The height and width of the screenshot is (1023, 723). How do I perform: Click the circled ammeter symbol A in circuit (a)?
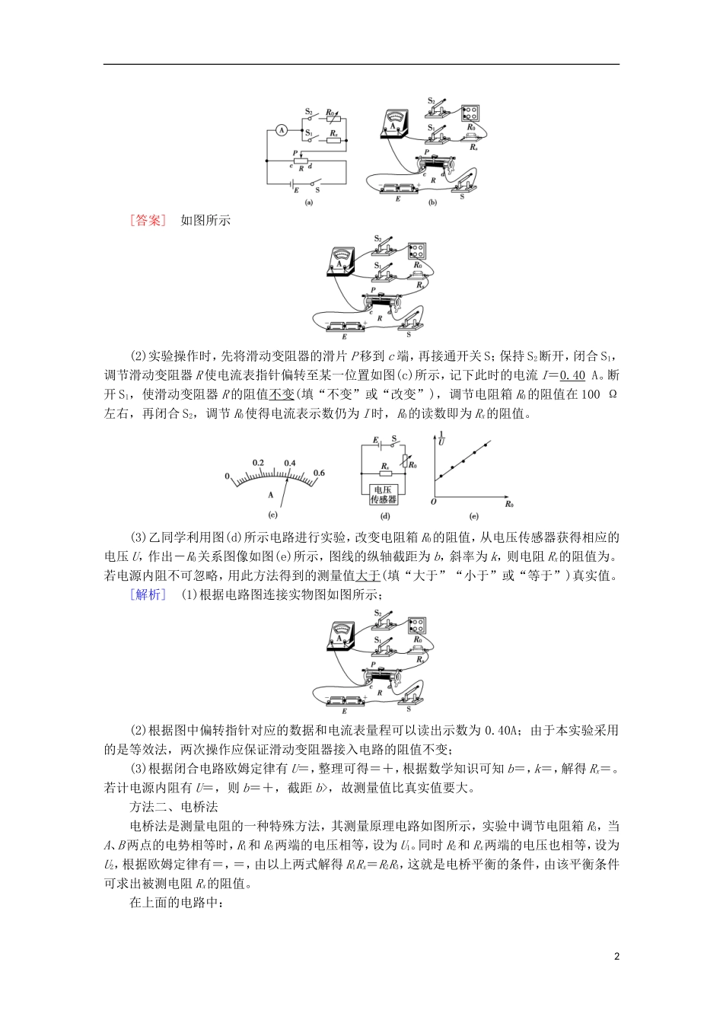[x=280, y=130]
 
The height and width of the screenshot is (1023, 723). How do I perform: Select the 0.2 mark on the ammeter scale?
[x=258, y=462]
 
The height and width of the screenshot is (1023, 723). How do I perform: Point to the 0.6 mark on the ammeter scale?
[x=318, y=473]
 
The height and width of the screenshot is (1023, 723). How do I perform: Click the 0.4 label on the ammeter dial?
[x=290, y=462]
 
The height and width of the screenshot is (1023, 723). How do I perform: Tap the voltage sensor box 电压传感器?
[x=384, y=496]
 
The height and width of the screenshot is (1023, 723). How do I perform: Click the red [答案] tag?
[x=148, y=221]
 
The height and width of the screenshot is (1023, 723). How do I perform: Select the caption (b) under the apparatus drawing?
[x=432, y=203]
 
